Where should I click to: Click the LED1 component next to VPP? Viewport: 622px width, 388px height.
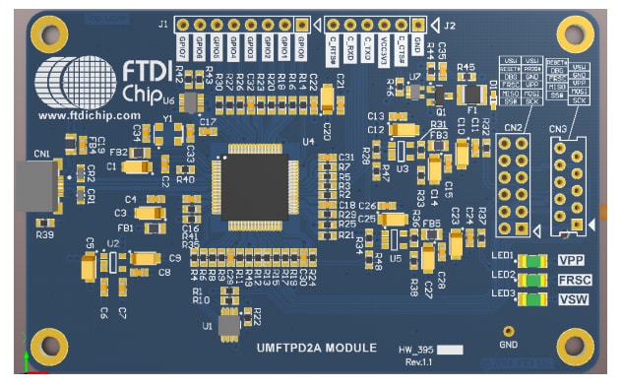tap(531, 261)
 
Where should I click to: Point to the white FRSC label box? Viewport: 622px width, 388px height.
tap(573, 280)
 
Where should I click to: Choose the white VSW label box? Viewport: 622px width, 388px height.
tap(573, 298)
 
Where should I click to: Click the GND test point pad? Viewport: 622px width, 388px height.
tap(509, 332)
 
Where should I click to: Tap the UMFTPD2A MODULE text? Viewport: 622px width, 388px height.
tap(316, 348)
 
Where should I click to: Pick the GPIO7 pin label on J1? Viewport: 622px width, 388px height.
tap(183, 45)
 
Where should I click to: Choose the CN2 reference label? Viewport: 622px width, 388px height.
tap(513, 127)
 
